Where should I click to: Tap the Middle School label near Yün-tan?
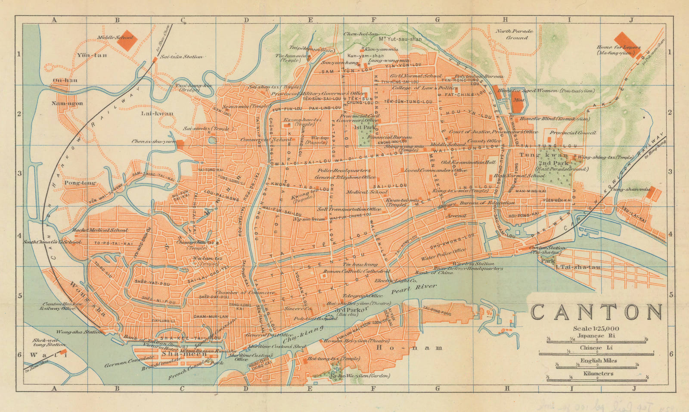[x=115, y=38]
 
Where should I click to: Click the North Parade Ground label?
[x=513, y=34]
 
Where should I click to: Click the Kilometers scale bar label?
[x=599, y=374]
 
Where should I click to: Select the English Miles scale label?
[x=599, y=361]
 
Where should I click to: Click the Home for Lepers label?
[x=618, y=50]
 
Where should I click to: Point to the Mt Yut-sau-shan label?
[x=400, y=39]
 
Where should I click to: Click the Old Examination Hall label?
[x=468, y=162]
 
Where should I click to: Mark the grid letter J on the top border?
[x=631, y=20]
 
